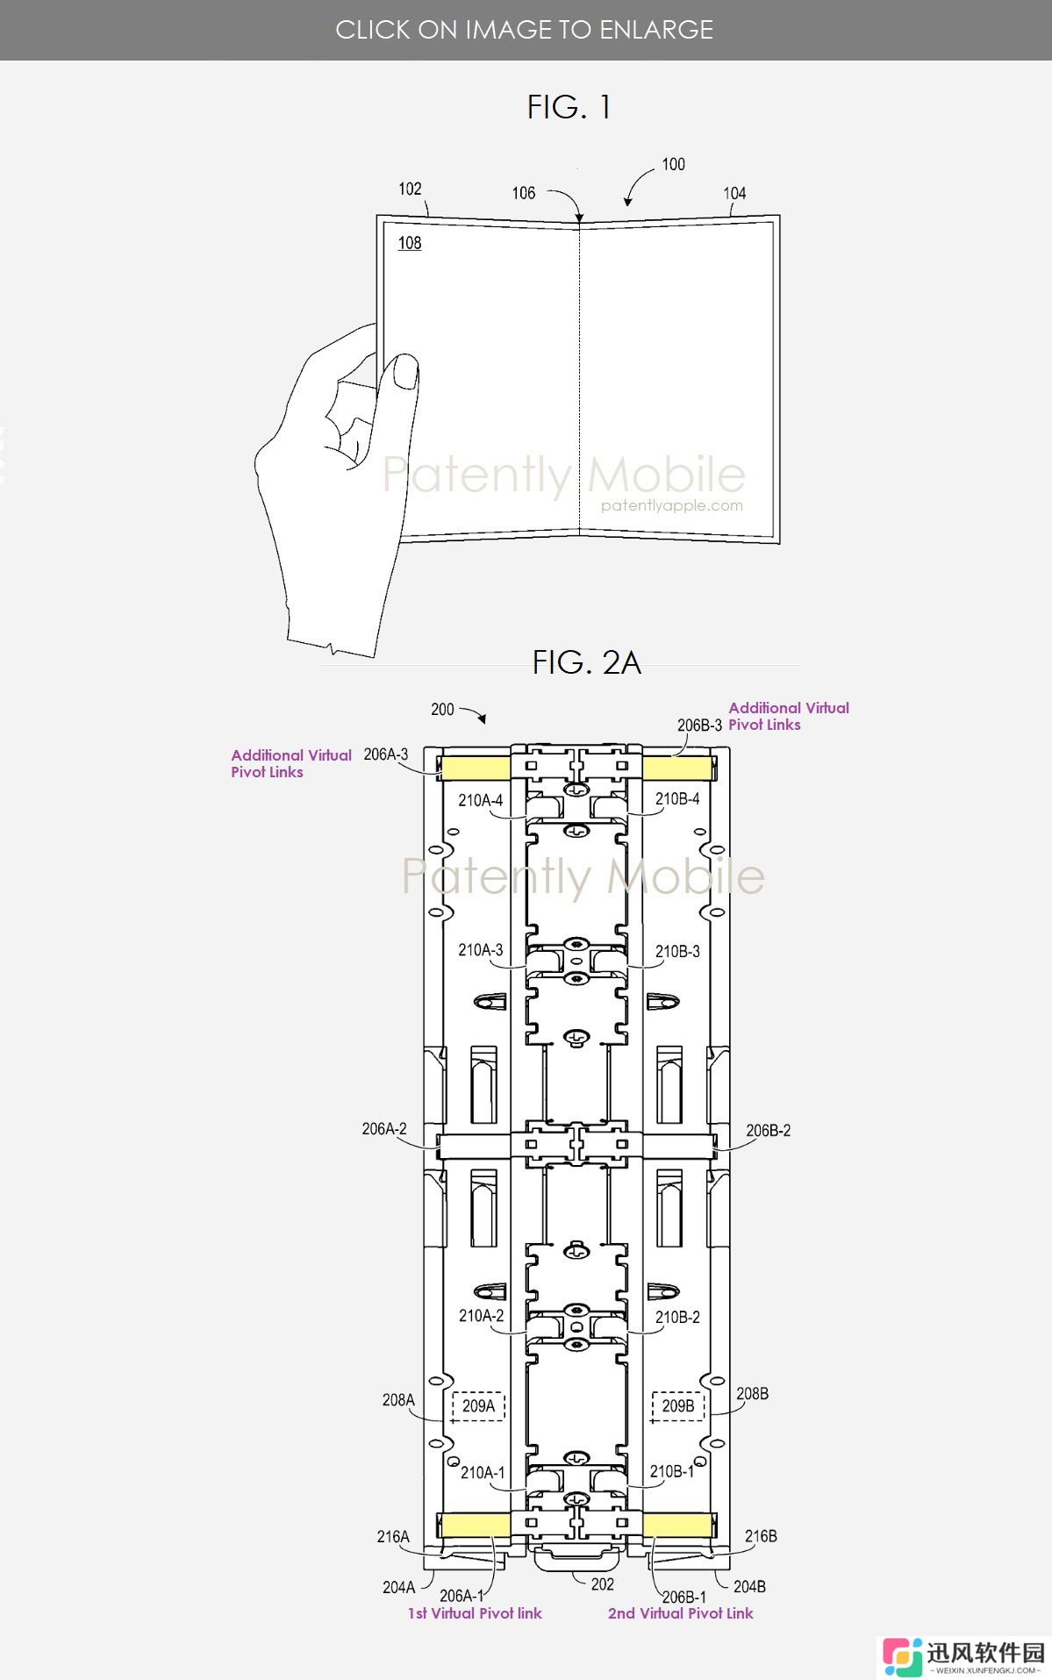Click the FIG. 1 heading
click(x=569, y=107)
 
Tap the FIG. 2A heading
click(x=586, y=662)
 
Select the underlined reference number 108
click(x=410, y=243)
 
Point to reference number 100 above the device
click(x=673, y=164)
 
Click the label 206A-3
click(x=386, y=754)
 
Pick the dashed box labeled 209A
click(x=478, y=1406)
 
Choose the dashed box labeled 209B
click(x=678, y=1406)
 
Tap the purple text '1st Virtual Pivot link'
click(x=475, y=1613)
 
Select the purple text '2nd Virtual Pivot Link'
click(x=681, y=1613)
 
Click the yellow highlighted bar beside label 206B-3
click(x=676, y=769)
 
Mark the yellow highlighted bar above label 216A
click(x=475, y=1525)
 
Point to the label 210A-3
click(x=481, y=950)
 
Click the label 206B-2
click(x=769, y=1131)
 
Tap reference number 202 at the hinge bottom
click(x=603, y=1584)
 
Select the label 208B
click(x=753, y=1393)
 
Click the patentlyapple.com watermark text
click(x=672, y=505)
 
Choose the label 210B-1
click(x=672, y=1471)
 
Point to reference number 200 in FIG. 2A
click(x=442, y=709)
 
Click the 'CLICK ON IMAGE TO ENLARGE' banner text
click(x=525, y=30)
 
